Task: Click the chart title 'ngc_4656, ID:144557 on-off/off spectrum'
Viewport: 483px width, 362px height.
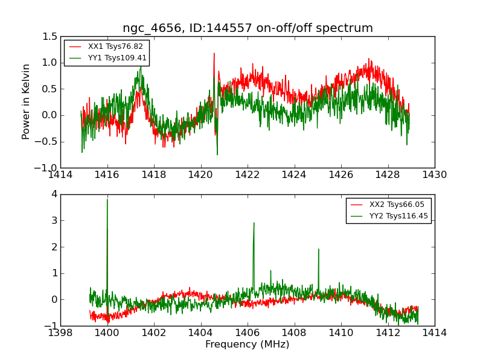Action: pos(248,28)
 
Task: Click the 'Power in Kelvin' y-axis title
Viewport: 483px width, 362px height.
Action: pos(26,101)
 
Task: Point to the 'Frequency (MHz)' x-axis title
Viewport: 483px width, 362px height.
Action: pos(248,345)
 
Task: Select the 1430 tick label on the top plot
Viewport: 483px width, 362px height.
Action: pos(435,174)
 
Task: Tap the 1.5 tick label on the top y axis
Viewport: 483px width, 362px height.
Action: pos(50,36)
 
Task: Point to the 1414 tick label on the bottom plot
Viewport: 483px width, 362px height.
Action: pos(435,332)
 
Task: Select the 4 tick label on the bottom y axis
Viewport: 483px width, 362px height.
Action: pos(54,194)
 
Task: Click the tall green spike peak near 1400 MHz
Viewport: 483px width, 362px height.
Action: pos(107,200)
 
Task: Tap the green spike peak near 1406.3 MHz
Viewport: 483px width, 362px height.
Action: pos(254,223)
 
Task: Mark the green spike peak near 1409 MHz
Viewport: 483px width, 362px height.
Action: pos(318,249)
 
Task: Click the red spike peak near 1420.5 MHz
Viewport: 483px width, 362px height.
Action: pos(214,53)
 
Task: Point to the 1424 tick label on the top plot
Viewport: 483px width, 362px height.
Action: pos(294,174)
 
